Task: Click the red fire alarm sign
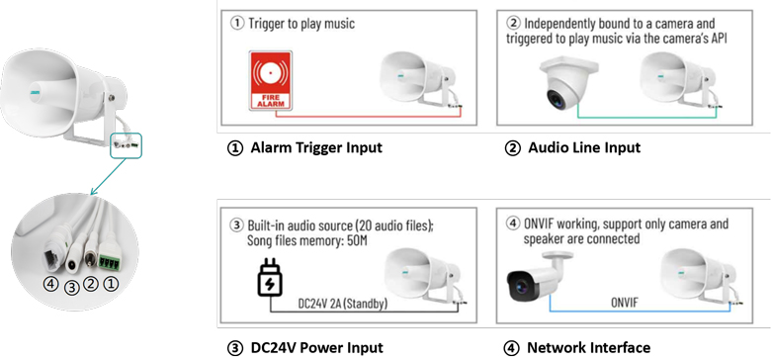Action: click(x=271, y=80)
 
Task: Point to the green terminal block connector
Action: click(x=110, y=262)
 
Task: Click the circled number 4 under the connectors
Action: click(x=51, y=284)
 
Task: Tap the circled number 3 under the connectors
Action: click(x=72, y=288)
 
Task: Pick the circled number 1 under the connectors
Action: click(x=112, y=283)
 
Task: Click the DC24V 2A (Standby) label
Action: click(x=343, y=304)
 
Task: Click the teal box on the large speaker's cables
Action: click(x=126, y=145)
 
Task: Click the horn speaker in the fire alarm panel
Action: click(x=420, y=84)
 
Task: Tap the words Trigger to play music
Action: click(x=301, y=24)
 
